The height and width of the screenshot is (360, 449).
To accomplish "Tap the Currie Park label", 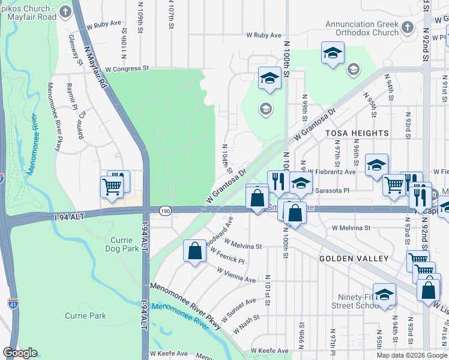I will point(85,316).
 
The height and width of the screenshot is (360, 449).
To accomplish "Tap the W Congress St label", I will point(127,69).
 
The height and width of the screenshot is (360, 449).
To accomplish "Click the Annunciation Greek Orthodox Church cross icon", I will point(407,28).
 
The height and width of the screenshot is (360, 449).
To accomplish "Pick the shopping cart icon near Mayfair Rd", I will point(112,187).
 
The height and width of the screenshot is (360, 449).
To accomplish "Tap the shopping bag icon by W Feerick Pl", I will point(195,251).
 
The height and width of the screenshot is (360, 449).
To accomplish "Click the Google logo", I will point(20,353).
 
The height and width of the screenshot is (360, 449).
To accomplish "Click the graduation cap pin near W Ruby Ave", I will point(333,53).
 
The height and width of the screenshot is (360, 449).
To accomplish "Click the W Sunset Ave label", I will point(238,308).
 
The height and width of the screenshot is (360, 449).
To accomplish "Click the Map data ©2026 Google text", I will point(412,355).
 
